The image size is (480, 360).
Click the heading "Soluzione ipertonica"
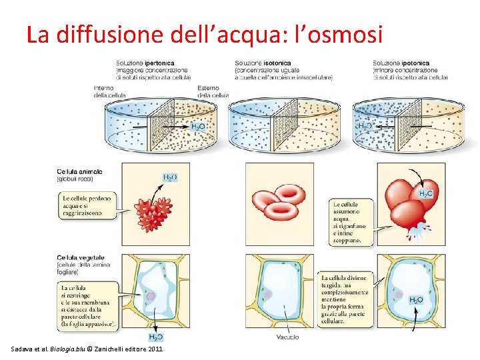145,63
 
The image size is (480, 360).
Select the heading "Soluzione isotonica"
263,63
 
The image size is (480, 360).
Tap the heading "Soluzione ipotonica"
401,63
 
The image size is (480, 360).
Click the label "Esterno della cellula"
213,91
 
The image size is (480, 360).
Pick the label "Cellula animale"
79,172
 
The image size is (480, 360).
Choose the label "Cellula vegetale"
80,257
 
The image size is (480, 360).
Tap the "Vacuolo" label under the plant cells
287,337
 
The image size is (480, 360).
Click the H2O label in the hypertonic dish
198,125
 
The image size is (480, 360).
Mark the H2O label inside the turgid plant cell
415,300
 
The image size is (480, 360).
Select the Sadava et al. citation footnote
87,349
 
